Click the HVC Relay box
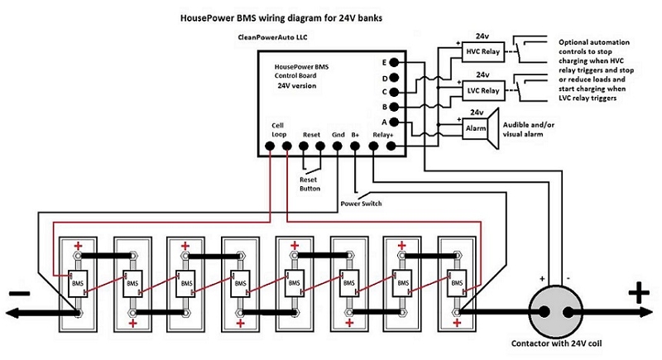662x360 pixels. (476, 52)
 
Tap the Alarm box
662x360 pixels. (476, 128)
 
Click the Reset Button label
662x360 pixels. (309, 183)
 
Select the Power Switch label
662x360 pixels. (361, 203)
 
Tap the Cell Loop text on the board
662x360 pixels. (278, 130)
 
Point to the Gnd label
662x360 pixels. (338, 134)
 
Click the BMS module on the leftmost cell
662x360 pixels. (79, 284)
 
